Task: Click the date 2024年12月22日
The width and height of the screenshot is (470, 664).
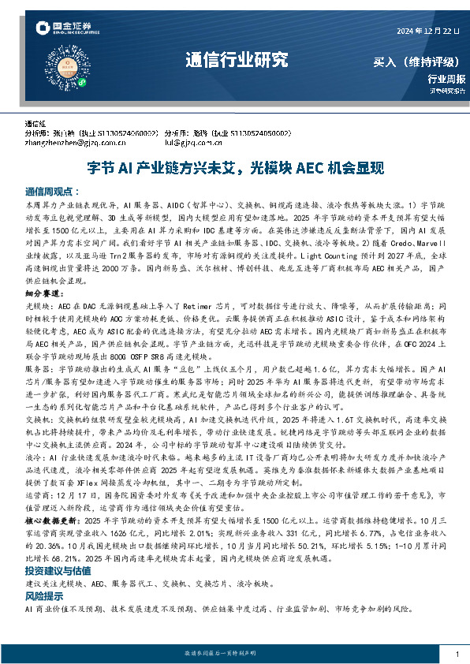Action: click(x=425, y=31)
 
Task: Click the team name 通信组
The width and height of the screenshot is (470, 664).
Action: click(x=36, y=125)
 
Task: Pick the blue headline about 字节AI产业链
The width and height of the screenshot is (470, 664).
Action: click(x=235, y=168)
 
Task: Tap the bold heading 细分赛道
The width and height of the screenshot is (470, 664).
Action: click(x=43, y=293)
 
